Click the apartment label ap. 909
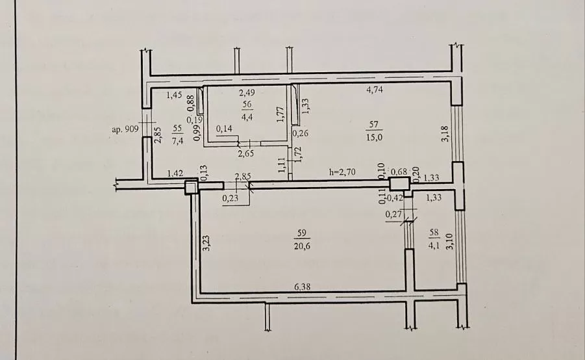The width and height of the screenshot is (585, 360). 125,129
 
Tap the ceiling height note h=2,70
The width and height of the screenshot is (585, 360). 342,172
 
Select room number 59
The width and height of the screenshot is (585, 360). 301,233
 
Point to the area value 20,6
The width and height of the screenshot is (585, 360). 302,246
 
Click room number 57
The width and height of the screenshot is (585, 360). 374,124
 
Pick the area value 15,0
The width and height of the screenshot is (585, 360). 374,137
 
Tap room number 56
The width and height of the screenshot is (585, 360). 247,104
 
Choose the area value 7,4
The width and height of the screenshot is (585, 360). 177,141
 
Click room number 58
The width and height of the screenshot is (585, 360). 434,233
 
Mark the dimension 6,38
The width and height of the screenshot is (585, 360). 302,287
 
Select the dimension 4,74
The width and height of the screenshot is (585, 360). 375,90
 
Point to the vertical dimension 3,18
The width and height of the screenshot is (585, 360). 445,134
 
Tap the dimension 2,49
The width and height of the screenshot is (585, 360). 247,92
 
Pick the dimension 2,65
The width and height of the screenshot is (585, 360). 245,153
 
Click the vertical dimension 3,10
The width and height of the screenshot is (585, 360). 449,242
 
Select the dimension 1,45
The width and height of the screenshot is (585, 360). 174,95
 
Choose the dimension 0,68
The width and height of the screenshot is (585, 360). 399,172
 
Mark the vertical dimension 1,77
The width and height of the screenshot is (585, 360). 281,114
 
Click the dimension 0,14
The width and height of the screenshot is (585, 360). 224,129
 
